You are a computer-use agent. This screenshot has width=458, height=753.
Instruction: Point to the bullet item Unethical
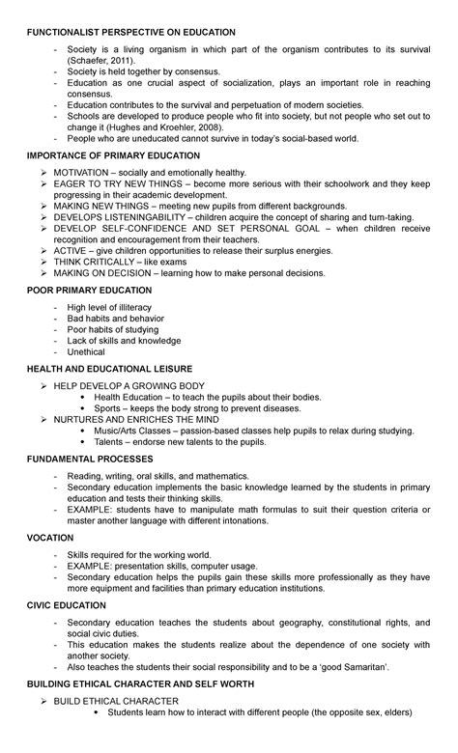tap(86, 352)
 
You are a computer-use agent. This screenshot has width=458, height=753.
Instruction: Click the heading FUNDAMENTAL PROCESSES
tap(95, 460)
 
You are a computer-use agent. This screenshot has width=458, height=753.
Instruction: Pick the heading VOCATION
tap(50, 536)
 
